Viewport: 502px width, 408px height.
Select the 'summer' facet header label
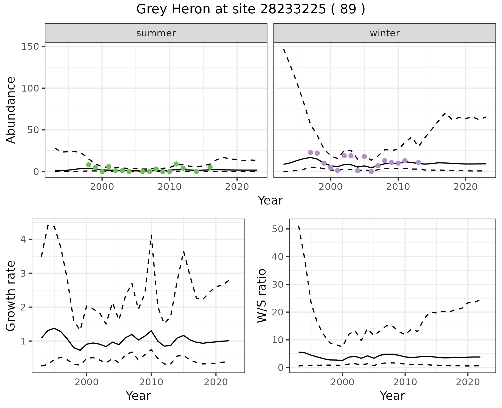pyautogui.click(x=156, y=33)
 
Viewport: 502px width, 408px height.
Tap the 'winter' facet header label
pyautogui.click(x=385, y=33)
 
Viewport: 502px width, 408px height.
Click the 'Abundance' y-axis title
pyautogui.click(x=11, y=110)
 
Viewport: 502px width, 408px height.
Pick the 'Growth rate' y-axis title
pyautogui.click(x=11, y=296)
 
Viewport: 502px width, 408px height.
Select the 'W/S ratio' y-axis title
pyautogui.click(x=261, y=296)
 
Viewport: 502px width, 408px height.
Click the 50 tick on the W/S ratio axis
pyautogui.click(x=278, y=229)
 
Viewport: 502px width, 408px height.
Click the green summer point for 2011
pyautogui.click(x=176, y=164)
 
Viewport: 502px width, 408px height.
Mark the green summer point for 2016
pyautogui.click(x=210, y=167)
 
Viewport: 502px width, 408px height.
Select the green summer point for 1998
pyautogui.click(x=89, y=165)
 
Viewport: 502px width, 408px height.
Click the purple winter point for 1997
pyautogui.click(x=310, y=152)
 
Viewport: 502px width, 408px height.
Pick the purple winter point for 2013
pyautogui.click(x=418, y=162)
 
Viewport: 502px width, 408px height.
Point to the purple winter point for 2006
pyautogui.click(x=371, y=172)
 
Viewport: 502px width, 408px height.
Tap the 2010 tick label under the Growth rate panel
pyautogui.click(x=151, y=382)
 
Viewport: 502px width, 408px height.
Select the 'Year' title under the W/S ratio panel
pyautogui.click(x=392, y=396)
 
